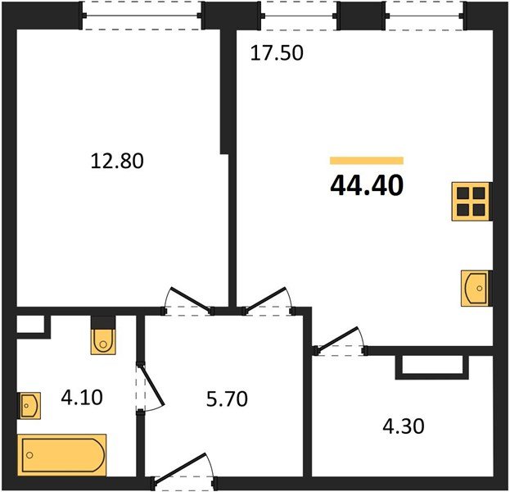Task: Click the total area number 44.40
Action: [x=366, y=186]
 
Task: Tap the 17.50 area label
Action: [x=276, y=54]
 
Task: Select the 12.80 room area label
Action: [x=116, y=162]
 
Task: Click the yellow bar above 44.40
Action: [x=366, y=161]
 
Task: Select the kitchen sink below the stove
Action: [x=474, y=288]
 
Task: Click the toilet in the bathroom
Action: [x=103, y=336]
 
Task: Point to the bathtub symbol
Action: [x=63, y=453]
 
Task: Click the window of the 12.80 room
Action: [x=143, y=16]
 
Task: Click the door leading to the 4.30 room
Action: [x=340, y=344]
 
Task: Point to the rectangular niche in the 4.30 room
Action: [x=432, y=366]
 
